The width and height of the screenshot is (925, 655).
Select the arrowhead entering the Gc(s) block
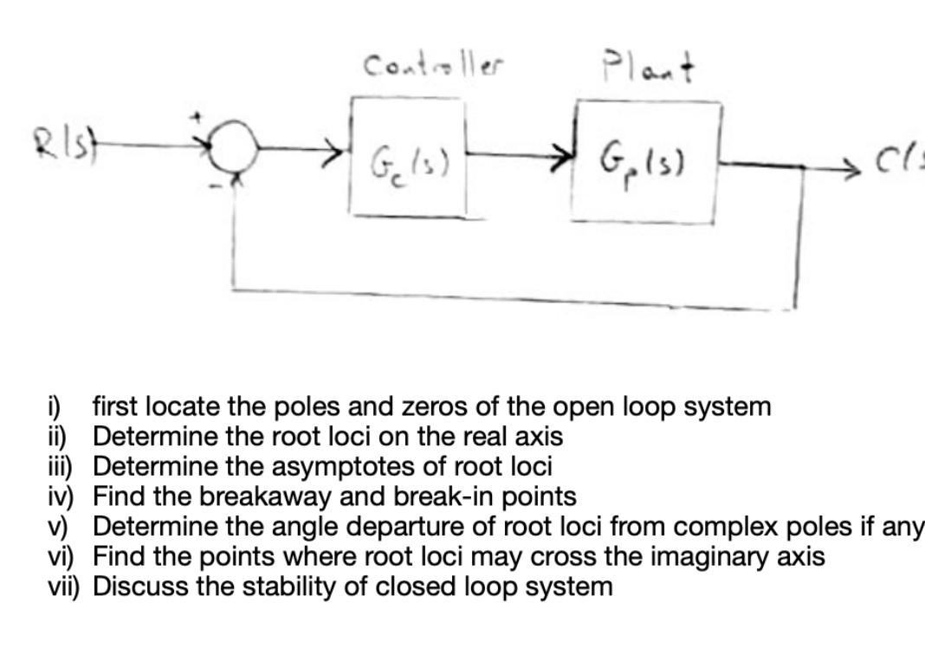[338, 159]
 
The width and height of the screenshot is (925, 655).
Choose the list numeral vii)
[66, 587]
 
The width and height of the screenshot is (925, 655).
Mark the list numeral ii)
[60, 436]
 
